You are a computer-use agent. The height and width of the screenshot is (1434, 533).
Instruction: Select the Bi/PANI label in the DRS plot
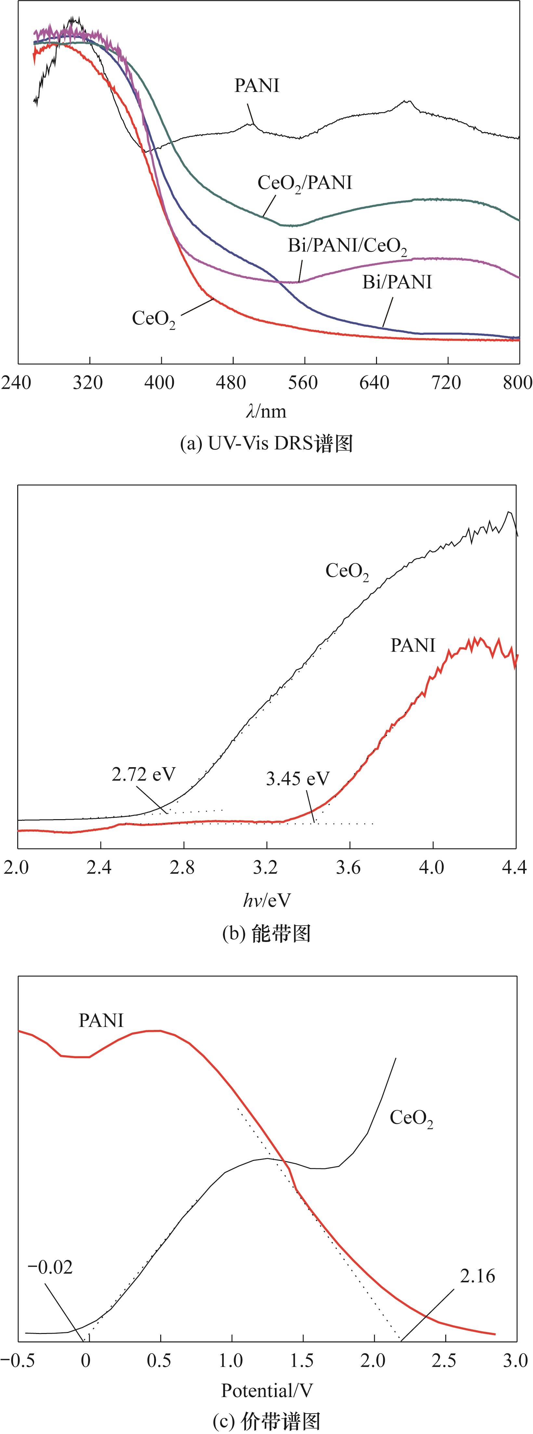point(397,282)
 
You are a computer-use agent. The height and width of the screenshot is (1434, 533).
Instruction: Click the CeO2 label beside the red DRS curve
point(153,319)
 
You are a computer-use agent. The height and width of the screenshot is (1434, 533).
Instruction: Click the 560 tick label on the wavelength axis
point(304,383)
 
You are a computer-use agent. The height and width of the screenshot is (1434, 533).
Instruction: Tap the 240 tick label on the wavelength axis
point(17,383)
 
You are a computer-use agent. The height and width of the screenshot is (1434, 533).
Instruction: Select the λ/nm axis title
point(266,412)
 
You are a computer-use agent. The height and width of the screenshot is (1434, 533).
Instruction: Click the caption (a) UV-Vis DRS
point(266,444)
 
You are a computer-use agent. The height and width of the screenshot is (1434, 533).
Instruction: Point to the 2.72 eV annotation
point(143,774)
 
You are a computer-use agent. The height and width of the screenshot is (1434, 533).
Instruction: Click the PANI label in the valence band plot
point(101,1021)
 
